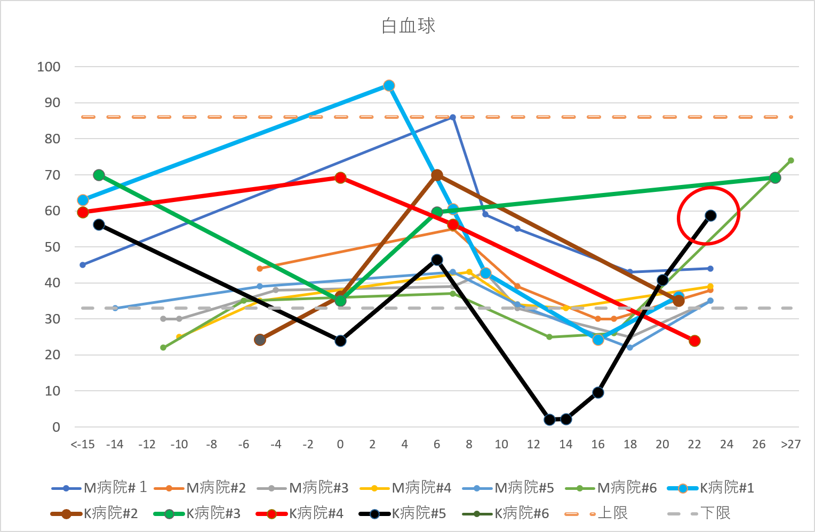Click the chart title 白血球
click(408, 26)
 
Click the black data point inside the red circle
click(710, 216)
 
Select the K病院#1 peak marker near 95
click(389, 85)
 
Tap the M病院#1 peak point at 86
click(453, 117)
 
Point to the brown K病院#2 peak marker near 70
click(437, 175)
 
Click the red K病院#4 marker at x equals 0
click(340, 178)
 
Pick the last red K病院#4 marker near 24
click(694, 341)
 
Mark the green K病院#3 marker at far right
click(775, 178)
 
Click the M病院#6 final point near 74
click(790, 160)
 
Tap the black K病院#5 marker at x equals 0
click(340, 341)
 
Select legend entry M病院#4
click(405, 488)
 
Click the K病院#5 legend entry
click(402, 513)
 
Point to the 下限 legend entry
click(699, 513)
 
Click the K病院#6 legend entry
click(505, 513)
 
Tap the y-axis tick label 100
click(49, 67)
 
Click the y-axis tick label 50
click(52, 247)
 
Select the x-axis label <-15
click(83, 445)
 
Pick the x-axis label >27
click(790, 445)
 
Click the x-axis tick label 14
click(565, 445)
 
